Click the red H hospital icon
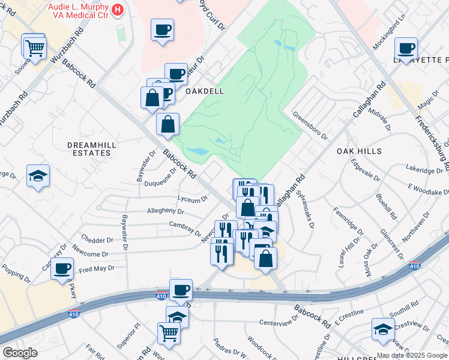118,10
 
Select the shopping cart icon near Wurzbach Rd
35,47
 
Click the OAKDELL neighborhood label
204,91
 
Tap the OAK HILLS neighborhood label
359,151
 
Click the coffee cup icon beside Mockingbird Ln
406,48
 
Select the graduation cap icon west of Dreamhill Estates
38,176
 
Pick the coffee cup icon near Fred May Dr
62,269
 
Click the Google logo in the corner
20,353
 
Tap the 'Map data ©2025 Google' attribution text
411,355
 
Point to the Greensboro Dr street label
310,125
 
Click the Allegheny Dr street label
166,211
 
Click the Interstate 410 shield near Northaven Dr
414,266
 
